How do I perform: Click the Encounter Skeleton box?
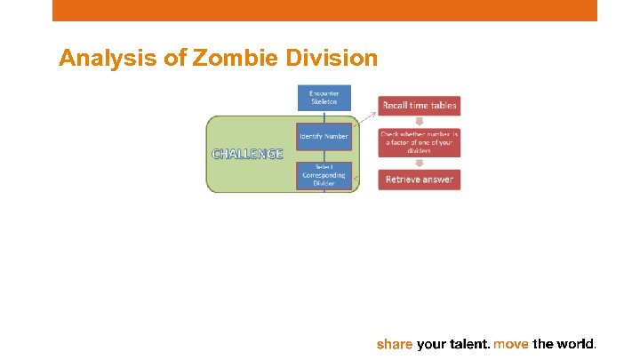click(x=324, y=98)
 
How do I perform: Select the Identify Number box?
click(x=324, y=136)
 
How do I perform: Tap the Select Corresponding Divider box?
click(x=324, y=175)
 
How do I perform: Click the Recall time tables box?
click(x=420, y=106)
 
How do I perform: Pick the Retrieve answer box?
click(x=420, y=180)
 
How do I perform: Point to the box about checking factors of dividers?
click(x=420, y=142)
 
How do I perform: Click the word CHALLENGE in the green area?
click(x=247, y=154)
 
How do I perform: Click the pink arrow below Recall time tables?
click(x=420, y=122)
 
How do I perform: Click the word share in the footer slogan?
click(x=395, y=343)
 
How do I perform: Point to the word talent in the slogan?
click(x=467, y=343)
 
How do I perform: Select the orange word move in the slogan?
click(x=510, y=343)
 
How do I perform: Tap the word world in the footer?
click(x=576, y=343)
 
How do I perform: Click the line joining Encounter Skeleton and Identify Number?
click(x=324, y=117)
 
